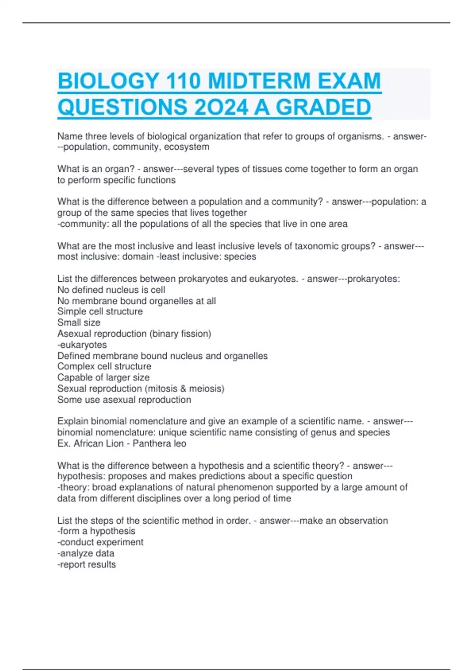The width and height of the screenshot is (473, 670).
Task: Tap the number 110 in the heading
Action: pyautogui.click(x=182, y=81)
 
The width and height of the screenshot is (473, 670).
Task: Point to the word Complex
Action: pyautogui.click(x=76, y=366)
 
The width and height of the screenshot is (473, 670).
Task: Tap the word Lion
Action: pyautogui.click(x=115, y=443)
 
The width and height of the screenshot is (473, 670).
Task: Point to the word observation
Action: pyautogui.click(x=363, y=521)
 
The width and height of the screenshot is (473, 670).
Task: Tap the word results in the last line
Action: pyautogui.click(x=102, y=564)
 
